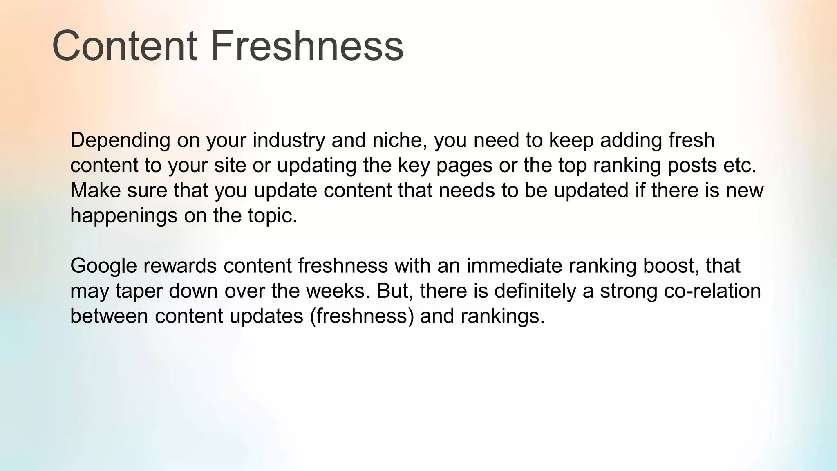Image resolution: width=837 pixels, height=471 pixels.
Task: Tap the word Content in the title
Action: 125,46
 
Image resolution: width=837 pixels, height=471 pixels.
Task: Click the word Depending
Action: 120,141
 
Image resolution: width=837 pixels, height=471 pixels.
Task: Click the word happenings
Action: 124,216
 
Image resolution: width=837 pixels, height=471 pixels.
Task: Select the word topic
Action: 272,216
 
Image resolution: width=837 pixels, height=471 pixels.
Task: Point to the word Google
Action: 103,266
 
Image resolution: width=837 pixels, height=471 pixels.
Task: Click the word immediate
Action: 514,266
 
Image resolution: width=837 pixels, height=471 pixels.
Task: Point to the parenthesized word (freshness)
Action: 362,316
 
